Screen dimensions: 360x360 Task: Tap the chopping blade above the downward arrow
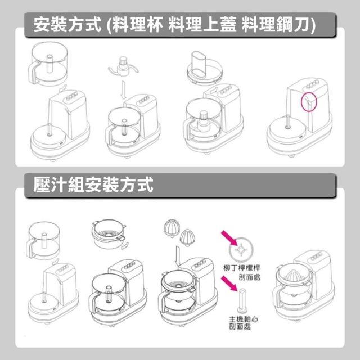[123, 67]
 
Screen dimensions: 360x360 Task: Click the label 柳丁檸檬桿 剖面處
[242, 272]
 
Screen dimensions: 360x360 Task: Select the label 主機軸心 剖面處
[244, 322]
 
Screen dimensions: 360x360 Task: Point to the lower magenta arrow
[229, 283]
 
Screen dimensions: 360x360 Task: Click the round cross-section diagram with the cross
[241, 249]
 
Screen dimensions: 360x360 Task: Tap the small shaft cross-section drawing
[242, 300]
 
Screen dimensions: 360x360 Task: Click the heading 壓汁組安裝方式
[93, 184]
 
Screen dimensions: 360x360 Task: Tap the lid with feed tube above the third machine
[205, 68]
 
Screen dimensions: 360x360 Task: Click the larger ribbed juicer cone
[172, 228]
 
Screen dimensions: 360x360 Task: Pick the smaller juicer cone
[187, 237]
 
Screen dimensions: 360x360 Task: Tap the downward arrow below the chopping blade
[123, 89]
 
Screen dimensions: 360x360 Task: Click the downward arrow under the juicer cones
[178, 256]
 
